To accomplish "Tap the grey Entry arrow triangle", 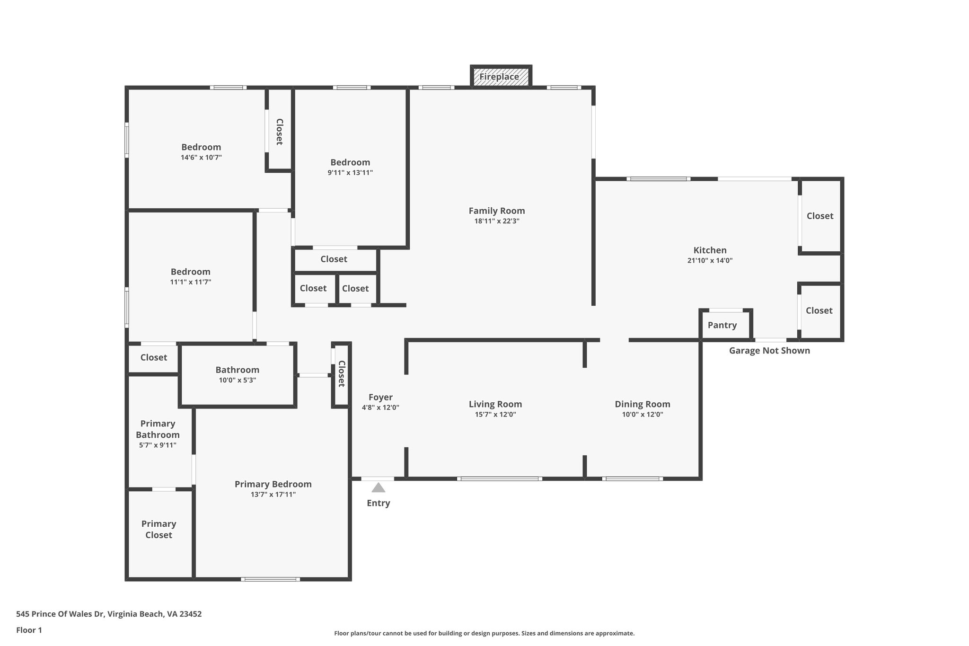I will (x=378, y=488).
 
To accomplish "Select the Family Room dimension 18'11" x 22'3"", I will (x=497, y=221).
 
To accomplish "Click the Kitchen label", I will (x=710, y=250).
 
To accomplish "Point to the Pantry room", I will (x=722, y=325).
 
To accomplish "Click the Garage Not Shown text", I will (x=769, y=351).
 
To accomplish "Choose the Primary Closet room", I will (x=159, y=529).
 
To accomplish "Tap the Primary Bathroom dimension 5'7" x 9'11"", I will (x=158, y=445).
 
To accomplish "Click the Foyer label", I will (x=380, y=398).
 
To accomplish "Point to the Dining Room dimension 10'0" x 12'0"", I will (x=643, y=415).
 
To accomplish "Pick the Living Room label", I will (x=495, y=404).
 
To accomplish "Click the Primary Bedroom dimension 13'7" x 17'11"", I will (x=273, y=495).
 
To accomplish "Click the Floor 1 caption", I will (x=29, y=630).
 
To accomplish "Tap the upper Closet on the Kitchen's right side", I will (x=820, y=216).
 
